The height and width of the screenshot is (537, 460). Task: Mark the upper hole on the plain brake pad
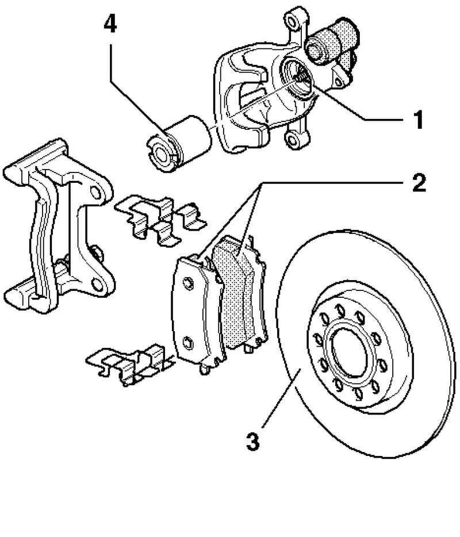[187, 281]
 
